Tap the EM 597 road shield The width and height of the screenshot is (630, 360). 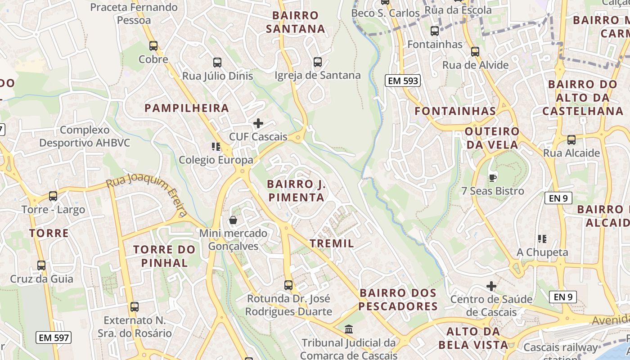point(54,337)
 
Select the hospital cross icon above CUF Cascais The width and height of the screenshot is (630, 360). point(258,123)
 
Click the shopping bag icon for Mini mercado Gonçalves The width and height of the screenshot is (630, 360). point(233,220)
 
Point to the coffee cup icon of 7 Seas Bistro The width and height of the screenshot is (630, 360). point(493,177)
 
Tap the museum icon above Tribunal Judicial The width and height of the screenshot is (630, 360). point(349,329)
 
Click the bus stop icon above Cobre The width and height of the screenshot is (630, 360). point(153,45)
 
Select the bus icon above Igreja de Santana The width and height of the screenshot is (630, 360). point(318,62)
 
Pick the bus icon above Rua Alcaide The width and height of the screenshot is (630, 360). point(571,139)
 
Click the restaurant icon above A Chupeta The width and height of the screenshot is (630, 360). point(542,238)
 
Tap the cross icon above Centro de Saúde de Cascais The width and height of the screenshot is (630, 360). point(491,286)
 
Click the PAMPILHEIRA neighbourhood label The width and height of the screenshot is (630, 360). point(187,108)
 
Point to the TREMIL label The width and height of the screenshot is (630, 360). point(332,244)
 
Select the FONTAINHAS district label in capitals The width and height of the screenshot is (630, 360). point(455,111)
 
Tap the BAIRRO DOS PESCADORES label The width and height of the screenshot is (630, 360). point(398,300)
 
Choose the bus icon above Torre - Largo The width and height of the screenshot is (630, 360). point(53,196)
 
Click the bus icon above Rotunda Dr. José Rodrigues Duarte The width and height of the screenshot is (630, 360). point(288,285)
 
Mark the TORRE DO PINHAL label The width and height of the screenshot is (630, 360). point(164,256)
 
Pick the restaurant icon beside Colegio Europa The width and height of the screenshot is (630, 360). point(216,146)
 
